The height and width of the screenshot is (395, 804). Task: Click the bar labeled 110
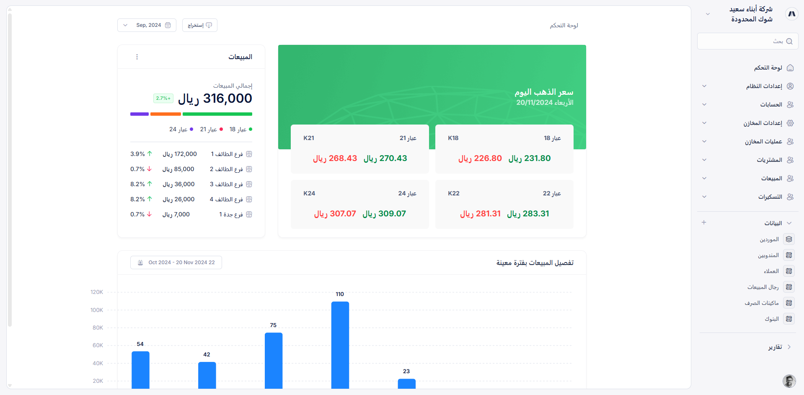(340, 345)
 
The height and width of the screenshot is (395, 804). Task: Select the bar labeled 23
(406, 383)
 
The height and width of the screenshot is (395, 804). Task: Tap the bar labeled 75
(274, 360)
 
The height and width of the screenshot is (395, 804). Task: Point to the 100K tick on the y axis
(97, 310)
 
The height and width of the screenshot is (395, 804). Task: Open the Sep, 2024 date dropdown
(147, 25)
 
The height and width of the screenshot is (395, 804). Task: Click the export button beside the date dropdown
(200, 25)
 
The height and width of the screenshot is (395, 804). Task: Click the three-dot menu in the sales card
(137, 57)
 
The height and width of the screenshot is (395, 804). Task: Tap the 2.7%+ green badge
(163, 98)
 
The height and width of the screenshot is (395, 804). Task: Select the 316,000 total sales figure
(227, 99)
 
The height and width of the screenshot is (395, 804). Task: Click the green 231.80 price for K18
(530, 159)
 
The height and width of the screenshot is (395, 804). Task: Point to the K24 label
(309, 193)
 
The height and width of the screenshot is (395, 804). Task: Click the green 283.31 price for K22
(528, 214)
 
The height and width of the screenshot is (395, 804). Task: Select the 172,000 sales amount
(180, 154)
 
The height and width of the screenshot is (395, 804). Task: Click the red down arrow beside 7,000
(150, 214)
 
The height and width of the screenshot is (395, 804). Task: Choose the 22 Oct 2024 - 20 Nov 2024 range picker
(176, 262)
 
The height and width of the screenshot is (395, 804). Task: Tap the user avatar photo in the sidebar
(789, 381)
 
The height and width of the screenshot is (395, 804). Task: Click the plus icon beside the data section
(704, 223)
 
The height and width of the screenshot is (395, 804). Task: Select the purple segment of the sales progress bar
(140, 114)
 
